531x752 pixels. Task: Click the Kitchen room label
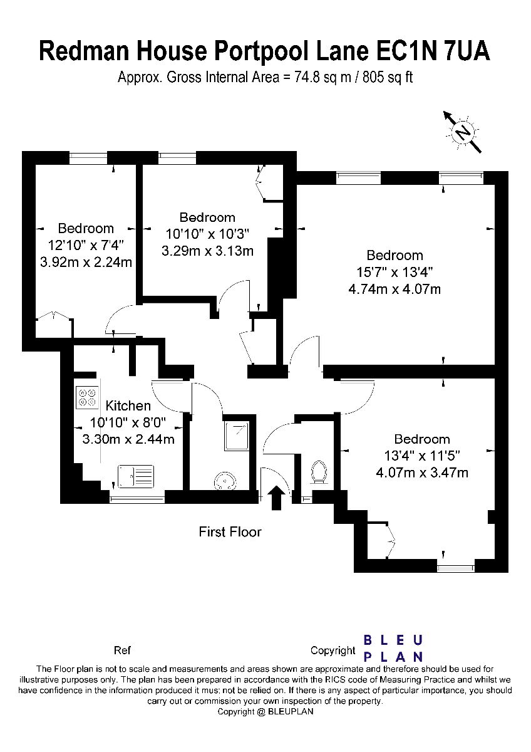click(x=128, y=405)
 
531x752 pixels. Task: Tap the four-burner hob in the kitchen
click(x=87, y=397)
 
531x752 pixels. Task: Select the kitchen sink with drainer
click(x=136, y=476)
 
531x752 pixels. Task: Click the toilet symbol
click(x=319, y=472)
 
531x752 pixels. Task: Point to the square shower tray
click(x=237, y=436)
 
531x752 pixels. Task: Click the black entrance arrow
click(x=276, y=498)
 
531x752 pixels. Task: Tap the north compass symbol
click(x=463, y=132)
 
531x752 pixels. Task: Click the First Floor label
click(x=230, y=532)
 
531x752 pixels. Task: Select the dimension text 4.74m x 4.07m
click(x=394, y=289)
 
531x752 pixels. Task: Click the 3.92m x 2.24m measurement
click(x=86, y=262)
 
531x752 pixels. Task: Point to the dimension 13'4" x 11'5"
click(x=422, y=456)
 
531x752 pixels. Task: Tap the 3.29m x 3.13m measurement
click(x=207, y=251)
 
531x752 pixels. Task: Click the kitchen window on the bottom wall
click(x=137, y=500)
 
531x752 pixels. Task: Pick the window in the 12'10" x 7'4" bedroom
click(x=88, y=158)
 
